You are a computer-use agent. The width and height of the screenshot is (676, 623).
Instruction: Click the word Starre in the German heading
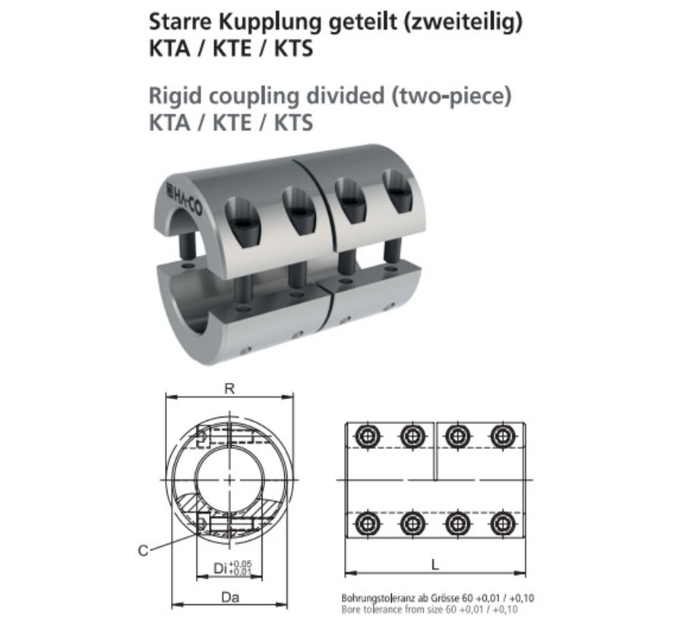(x=173, y=24)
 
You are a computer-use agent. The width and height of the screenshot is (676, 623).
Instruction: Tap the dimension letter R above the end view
(x=229, y=388)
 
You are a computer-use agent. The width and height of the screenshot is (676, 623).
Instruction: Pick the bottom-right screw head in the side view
(x=501, y=523)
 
